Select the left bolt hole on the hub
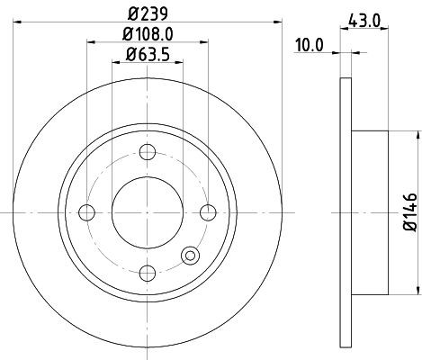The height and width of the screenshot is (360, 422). tap(87, 212)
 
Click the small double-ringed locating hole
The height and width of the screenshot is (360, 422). tap(191, 256)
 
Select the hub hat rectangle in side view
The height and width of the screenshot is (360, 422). tap(370, 212)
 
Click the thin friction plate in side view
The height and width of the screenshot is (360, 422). tap(346, 212)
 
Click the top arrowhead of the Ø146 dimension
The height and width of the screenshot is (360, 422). tap(418, 135)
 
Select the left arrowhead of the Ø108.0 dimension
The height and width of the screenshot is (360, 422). tap(91, 40)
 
